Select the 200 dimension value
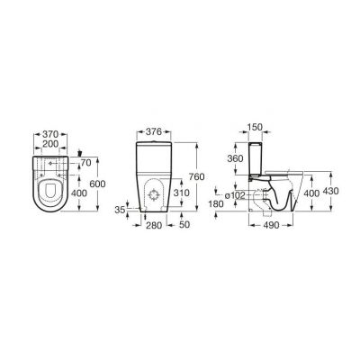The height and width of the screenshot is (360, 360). tap(50, 144)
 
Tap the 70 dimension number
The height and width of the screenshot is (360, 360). tap(85, 163)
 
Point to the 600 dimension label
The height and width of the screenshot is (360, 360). tap(97, 184)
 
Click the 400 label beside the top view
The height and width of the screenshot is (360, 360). tap(79, 193)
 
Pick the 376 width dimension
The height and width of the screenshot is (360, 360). tap(153, 131)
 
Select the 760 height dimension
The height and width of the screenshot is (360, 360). tap(196, 177)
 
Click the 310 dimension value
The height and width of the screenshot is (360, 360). tap(181, 193)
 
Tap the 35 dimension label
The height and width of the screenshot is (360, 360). tap(120, 210)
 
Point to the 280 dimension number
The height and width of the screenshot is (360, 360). tap(154, 225)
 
